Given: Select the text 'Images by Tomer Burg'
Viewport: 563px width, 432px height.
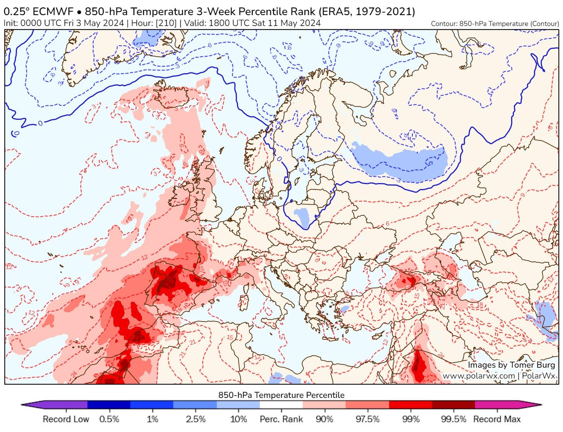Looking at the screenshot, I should [511, 365].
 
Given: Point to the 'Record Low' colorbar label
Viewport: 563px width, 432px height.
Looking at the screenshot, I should [66, 419].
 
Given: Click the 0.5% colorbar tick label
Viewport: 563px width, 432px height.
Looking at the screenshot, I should [109, 419].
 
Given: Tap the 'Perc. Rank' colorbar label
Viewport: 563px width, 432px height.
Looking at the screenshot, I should [281, 419].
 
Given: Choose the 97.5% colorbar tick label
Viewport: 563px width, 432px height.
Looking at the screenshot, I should [367, 419].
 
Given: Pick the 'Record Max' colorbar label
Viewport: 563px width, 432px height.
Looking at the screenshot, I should [497, 419].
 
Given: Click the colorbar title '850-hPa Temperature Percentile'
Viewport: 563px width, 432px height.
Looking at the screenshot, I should [281, 395].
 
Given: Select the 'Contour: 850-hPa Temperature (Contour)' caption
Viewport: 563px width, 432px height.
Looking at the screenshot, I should [495, 24].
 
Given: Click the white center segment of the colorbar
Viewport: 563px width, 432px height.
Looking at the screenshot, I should [281, 405].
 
